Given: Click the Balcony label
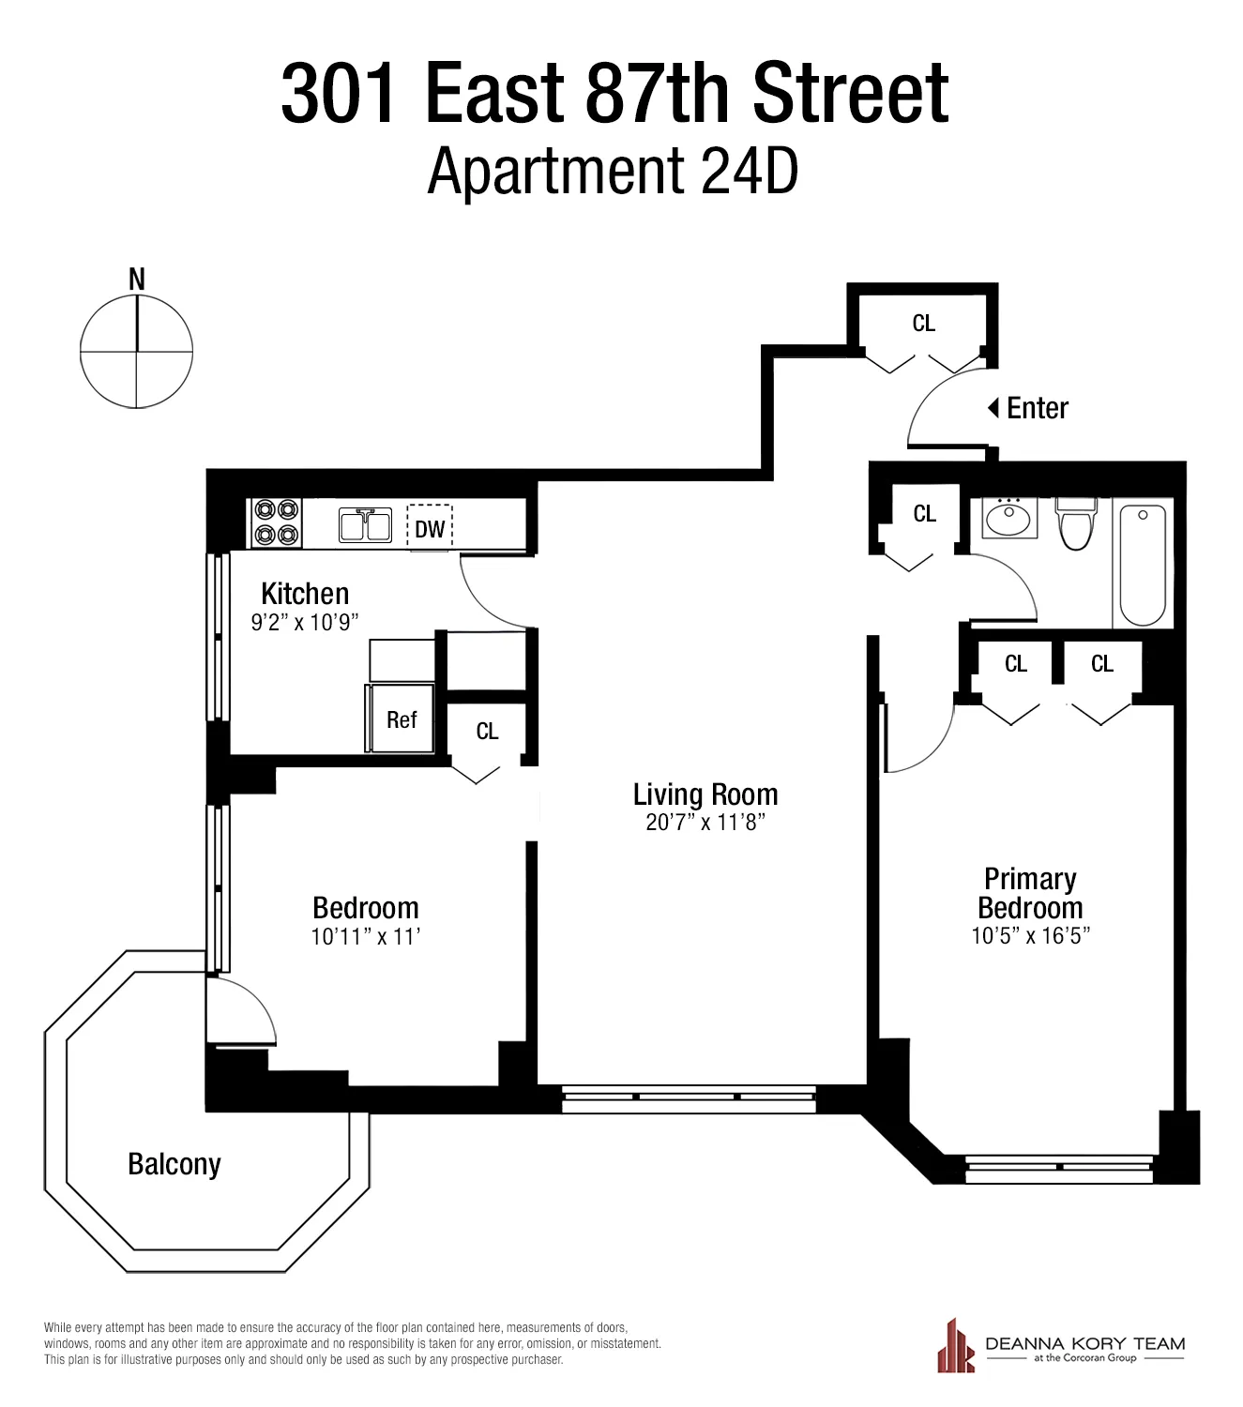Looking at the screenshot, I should pos(174,1164).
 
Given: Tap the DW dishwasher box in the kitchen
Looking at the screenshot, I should pos(430,528).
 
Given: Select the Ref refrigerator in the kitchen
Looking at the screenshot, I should pos(401,719).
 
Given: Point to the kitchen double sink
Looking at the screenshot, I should pos(366,525).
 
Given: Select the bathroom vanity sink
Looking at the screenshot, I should pos(1009,518).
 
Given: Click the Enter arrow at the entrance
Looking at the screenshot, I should pos(993,408).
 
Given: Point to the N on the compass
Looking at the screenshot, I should pos(137,279).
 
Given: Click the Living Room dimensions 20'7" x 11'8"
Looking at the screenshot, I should pos(705,823).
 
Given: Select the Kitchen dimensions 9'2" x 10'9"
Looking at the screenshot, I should pos(305,622).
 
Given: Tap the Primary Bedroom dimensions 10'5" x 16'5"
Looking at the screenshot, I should pos(1030,935).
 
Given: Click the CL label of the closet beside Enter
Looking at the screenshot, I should pos(924,324).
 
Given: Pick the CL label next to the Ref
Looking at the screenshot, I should pos(487,732).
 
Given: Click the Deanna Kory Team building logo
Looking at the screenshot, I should pos(956,1346).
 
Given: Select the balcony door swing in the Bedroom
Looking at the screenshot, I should pos(241,1011).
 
